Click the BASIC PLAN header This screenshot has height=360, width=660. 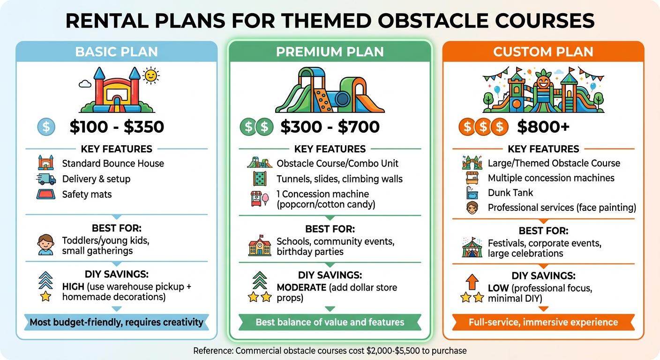pyautogui.click(x=116, y=52)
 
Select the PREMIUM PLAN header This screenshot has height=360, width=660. pyautogui.click(x=330, y=52)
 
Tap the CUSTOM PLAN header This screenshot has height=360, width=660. pyautogui.click(x=543, y=52)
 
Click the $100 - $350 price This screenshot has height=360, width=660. pyautogui.click(x=117, y=127)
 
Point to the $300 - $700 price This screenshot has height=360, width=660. pyautogui.click(x=330, y=127)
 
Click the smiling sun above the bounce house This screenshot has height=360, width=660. pyautogui.click(x=150, y=75)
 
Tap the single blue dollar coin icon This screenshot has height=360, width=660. pyautogui.click(x=46, y=127)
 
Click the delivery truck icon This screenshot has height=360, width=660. pyautogui.click(x=45, y=179)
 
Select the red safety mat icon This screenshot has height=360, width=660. pyautogui.click(x=45, y=194)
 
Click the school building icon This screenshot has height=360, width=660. pyautogui.click(x=259, y=247)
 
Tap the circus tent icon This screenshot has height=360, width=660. pyautogui.click(x=472, y=248)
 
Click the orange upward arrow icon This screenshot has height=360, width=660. pyautogui.click(x=472, y=282)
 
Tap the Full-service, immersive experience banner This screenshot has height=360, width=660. pyautogui.click(x=543, y=322)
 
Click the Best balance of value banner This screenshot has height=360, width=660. pyautogui.click(x=330, y=322)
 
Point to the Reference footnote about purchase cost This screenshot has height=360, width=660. pyautogui.click(x=330, y=350)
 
